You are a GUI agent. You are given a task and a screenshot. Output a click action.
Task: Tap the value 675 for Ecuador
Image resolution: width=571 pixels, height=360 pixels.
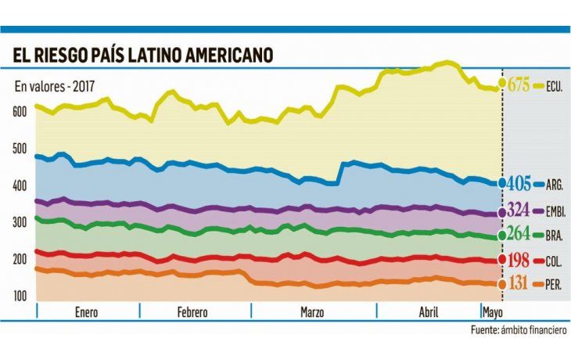tap(519, 85)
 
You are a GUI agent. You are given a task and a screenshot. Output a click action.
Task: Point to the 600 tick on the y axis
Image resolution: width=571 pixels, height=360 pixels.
tap(20, 112)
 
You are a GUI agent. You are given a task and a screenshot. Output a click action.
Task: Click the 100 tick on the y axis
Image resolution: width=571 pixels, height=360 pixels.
tap(20, 296)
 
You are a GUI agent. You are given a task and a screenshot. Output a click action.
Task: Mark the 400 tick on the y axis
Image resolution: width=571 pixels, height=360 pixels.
tap(20, 185)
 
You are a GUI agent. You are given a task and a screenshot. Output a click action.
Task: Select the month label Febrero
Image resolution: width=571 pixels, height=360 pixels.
tap(193, 312)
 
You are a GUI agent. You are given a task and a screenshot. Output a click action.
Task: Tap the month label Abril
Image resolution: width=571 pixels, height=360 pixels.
tap(429, 312)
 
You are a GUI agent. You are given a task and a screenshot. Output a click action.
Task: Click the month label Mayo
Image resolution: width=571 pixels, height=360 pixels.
tap(492, 312)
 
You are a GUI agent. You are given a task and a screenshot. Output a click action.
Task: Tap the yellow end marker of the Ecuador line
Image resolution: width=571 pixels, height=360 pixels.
tap(502, 85)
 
